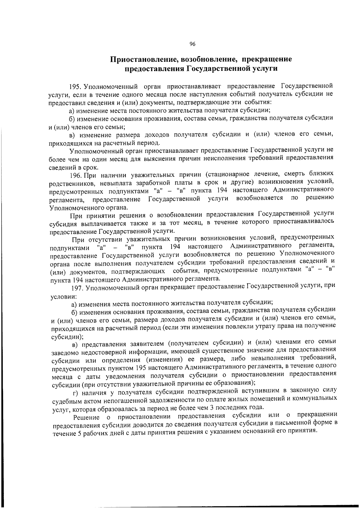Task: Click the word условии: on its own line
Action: point(64,297)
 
